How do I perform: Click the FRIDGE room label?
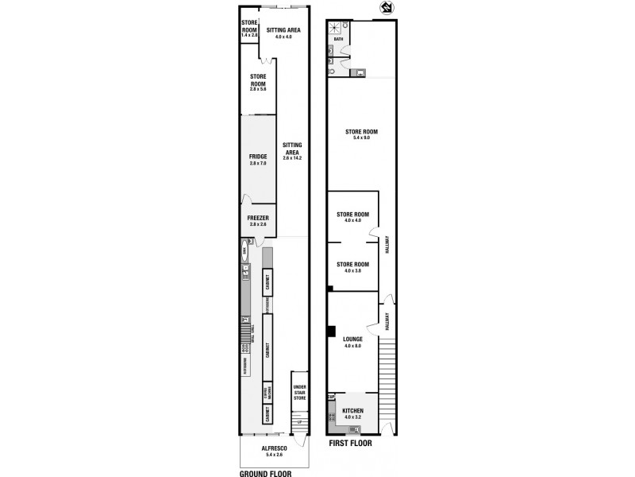(x=257, y=157)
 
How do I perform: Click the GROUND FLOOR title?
(x=266, y=472)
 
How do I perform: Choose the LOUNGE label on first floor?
(x=353, y=339)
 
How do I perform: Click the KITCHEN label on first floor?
(x=353, y=411)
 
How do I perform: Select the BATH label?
(x=339, y=39)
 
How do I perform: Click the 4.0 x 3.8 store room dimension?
(x=353, y=271)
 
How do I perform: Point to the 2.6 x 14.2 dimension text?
(x=292, y=157)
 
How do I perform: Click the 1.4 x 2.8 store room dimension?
(x=250, y=36)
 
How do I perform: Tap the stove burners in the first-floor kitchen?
(x=331, y=415)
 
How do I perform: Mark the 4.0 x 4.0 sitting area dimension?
(x=283, y=37)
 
